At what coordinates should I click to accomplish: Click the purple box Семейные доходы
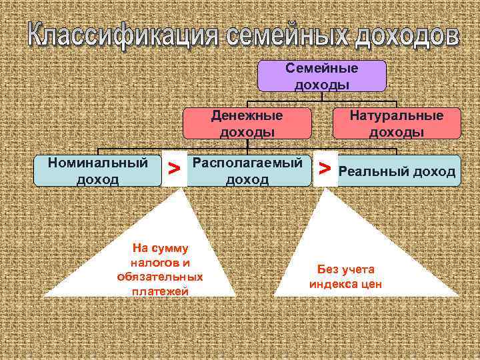pos(322,76)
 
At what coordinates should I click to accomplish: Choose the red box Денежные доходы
pos(247,123)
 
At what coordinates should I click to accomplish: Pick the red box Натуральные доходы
pos(397,123)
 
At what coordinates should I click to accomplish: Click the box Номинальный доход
pos(98,171)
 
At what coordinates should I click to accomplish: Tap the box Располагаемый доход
pos(247,171)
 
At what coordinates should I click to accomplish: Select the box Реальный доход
pos(397,172)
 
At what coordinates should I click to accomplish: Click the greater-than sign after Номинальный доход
pos(173,170)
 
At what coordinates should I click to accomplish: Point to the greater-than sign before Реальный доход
pos(325,170)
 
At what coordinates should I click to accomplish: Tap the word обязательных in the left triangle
pos(160,276)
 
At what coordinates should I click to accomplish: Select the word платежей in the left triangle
pos(160,291)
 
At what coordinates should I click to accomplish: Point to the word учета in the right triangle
pos(359,269)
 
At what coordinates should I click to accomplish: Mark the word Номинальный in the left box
pos(98,163)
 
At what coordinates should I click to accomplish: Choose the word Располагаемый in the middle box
pos(247,163)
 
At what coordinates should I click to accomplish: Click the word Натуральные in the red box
pos(397,115)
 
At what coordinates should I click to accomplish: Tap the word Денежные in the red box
pos(247,115)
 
